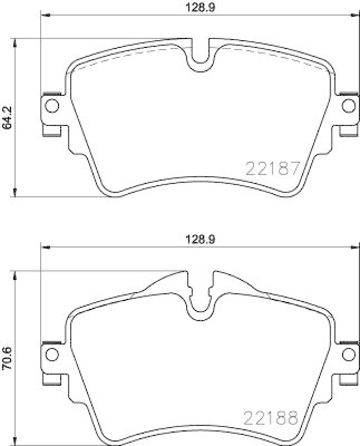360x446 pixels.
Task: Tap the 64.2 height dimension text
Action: coord(7,118)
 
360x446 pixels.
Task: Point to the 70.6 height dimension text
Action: coord(7,357)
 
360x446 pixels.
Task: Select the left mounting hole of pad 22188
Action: coord(51,353)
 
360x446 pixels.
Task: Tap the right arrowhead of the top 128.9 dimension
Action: coord(354,15)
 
